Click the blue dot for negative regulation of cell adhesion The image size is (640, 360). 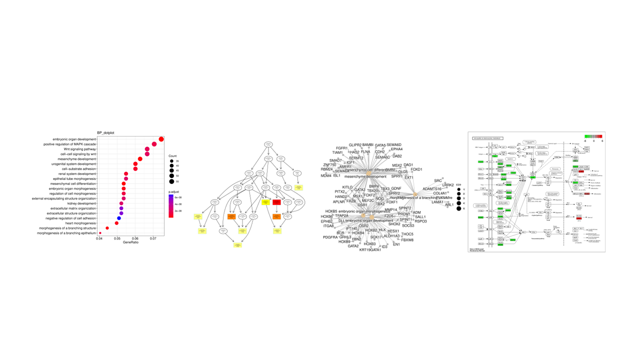tap(119, 218)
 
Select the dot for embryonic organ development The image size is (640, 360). tap(161, 139)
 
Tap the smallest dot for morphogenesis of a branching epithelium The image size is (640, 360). tap(100, 233)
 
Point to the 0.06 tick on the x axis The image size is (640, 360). tap(135, 238)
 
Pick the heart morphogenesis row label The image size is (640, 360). tap(80, 223)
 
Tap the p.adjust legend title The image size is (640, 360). tap(174, 191)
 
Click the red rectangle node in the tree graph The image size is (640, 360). tap(276, 202)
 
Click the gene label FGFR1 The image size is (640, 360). tap(342, 148)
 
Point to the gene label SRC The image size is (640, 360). tap(438, 180)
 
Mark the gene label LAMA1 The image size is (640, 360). tap(437, 202)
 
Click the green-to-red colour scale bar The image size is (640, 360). tap(593, 136)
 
